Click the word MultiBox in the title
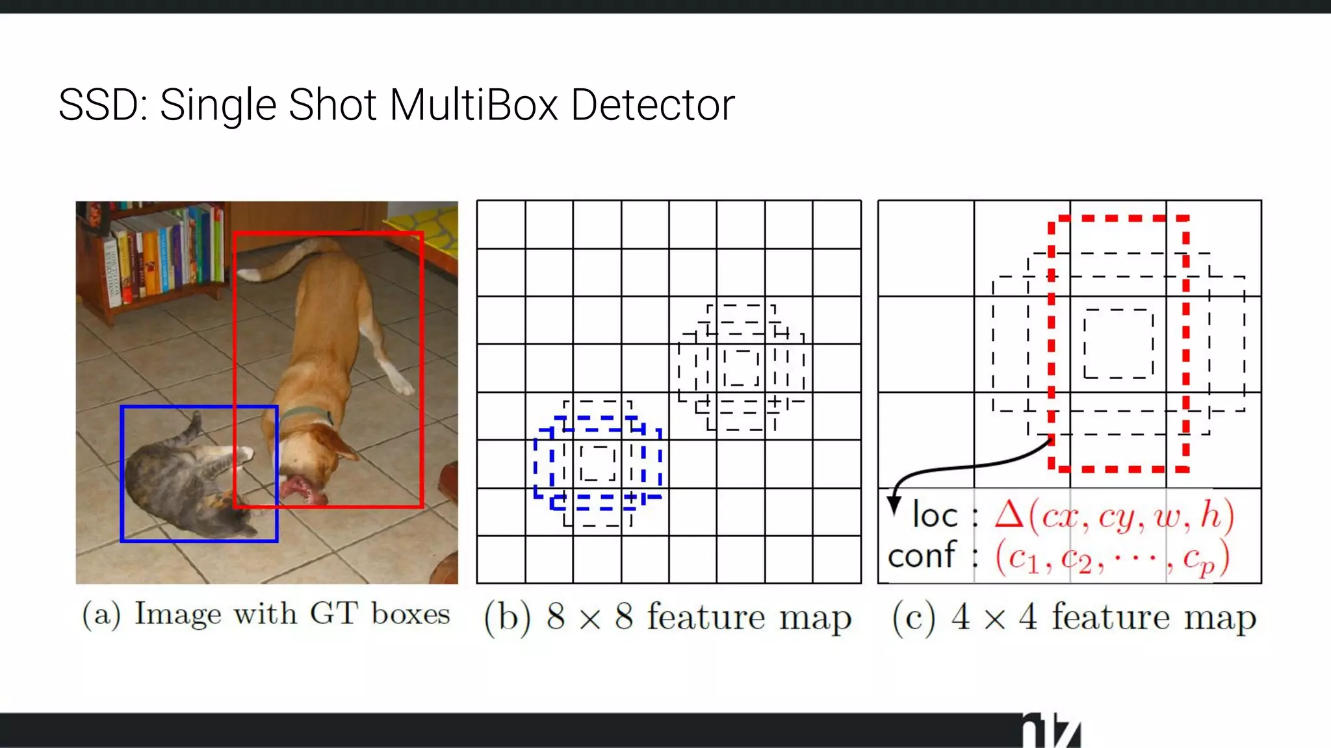tap(474, 105)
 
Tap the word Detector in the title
tap(653, 105)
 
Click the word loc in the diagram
tap(935, 516)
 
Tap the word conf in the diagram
tap(922, 556)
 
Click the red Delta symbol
tap(1009, 515)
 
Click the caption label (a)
tap(101, 614)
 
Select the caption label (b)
tap(508, 617)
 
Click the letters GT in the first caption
tap(333, 614)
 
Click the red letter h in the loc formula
tap(1210, 515)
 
